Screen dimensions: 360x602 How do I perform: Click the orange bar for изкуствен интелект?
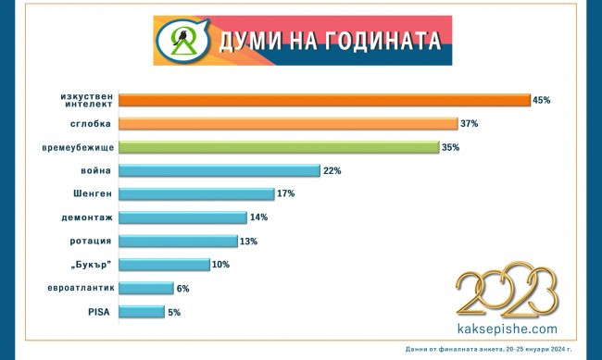[x=324, y=100]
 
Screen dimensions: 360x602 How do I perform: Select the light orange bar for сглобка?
[x=288, y=124]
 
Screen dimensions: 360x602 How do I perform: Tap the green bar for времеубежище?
[x=279, y=147]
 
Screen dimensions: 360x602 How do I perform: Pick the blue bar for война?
[x=219, y=170]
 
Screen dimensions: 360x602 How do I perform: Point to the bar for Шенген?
[x=196, y=194]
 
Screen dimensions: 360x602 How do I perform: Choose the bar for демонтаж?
[x=182, y=217]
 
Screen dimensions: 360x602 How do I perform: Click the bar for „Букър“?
[x=164, y=265]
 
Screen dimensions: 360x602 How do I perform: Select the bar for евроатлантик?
[x=146, y=289]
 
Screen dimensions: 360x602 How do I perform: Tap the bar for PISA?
[x=142, y=312]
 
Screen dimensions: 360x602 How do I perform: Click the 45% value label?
[x=542, y=100]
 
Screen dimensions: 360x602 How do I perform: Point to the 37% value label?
[x=470, y=124]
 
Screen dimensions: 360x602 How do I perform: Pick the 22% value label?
[x=333, y=171]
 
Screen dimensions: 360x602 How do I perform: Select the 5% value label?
[x=174, y=313]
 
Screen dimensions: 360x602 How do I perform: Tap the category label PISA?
[x=97, y=312]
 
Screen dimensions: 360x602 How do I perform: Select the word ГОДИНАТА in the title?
[x=371, y=42]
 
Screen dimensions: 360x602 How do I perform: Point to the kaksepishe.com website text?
[x=508, y=328]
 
